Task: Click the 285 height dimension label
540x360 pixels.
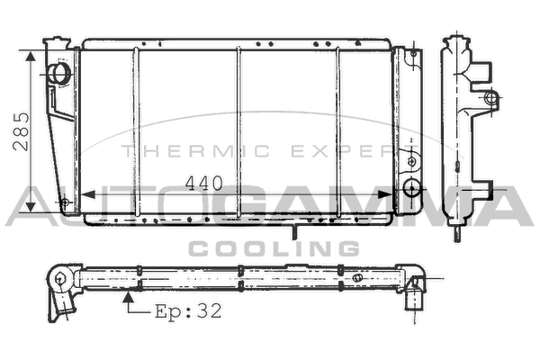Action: point(21,131)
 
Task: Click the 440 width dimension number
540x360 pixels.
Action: point(204,184)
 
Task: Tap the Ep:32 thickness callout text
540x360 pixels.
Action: point(188,311)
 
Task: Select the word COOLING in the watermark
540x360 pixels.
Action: point(274,248)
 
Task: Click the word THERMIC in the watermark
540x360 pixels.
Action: point(195,151)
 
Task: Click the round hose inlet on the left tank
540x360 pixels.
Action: point(60,74)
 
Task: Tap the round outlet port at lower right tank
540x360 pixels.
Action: point(411,188)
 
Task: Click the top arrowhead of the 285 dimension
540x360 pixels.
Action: point(31,57)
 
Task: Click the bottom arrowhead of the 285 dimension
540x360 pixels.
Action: point(31,206)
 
